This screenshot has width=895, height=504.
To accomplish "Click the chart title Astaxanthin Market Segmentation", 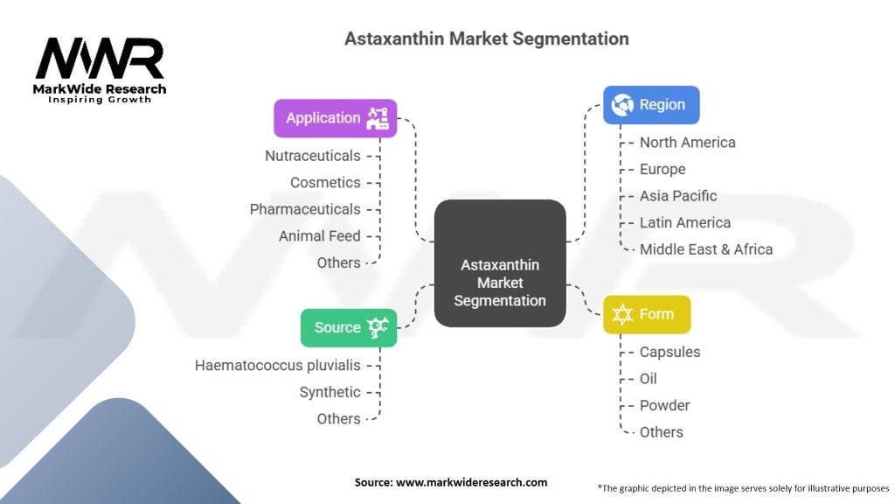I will pyautogui.click(x=486, y=38).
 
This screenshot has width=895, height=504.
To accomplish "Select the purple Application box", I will pyautogui.click(x=336, y=118).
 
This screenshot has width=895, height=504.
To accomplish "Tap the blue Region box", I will pyautogui.click(x=651, y=105).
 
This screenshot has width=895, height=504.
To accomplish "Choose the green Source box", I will pyautogui.click(x=349, y=327).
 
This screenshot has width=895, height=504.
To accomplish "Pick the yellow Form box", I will pyautogui.click(x=647, y=314).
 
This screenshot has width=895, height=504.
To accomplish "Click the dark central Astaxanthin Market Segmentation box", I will pyautogui.click(x=500, y=282).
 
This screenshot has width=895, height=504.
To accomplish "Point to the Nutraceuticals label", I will pyautogui.click(x=313, y=156).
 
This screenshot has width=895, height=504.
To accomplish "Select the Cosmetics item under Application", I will pyautogui.click(x=325, y=182).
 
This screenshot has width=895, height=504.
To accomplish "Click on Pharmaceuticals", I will pyautogui.click(x=305, y=209).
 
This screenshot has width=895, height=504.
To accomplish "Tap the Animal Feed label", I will pyautogui.click(x=319, y=235).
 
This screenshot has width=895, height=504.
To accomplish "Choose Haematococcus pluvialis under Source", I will pyautogui.click(x=277, y=365).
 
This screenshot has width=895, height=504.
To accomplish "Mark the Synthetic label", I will pyautogui.click(x=330, y=392).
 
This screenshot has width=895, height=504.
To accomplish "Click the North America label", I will pyautogui.click(x=687, y=142).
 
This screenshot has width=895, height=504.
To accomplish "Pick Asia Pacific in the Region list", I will pyautogui.click(x=677, y=195).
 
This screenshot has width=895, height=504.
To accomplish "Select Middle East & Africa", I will pyautogui.click(x=705, y=248).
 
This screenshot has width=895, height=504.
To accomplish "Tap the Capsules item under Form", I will pyautogui.click(x=670, y=352).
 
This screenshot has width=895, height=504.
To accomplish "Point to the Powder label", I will pyautogui.click(x=664, y=405).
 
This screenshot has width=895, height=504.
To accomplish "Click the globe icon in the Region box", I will pyautogui.click(x=623, y=105).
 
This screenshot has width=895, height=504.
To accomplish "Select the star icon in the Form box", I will pyautogui.click(x=622, y=314).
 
